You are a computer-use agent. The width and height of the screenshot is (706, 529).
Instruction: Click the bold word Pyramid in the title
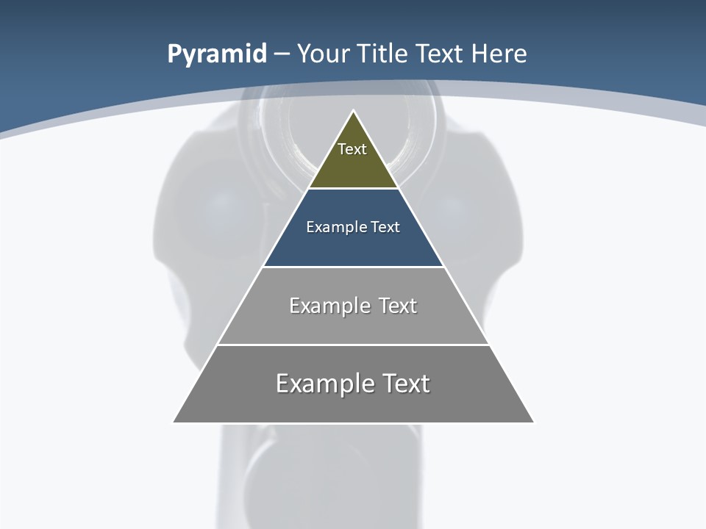217,54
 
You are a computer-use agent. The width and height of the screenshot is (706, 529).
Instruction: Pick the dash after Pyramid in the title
281,54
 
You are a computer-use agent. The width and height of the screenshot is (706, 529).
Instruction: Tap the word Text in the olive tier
352,149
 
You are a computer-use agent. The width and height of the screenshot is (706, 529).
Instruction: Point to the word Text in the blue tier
385,227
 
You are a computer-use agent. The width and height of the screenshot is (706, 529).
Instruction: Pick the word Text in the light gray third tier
398,306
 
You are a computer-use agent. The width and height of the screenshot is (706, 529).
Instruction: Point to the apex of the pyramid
354,112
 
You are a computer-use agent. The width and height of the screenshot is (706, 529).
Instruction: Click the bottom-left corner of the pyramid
174,422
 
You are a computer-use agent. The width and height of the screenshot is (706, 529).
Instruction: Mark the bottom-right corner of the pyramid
533,422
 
